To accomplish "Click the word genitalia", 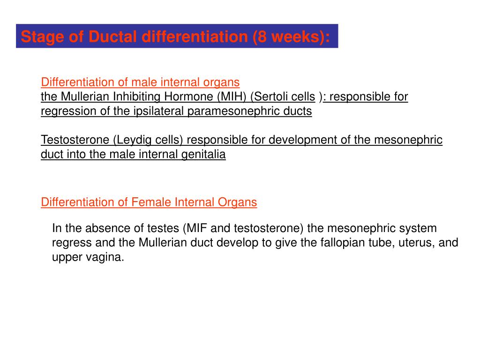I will coord(203,155).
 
